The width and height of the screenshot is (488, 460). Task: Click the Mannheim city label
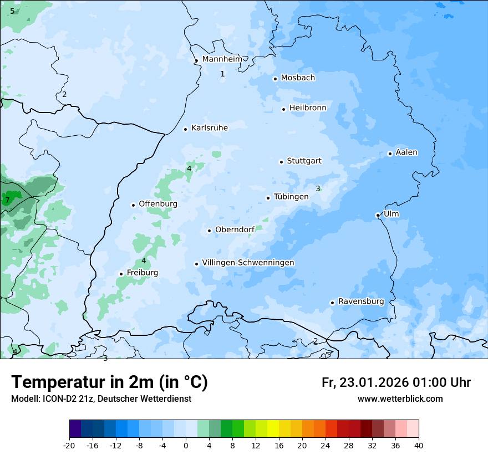[222, 59]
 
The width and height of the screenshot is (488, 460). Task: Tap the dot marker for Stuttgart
[281, 162]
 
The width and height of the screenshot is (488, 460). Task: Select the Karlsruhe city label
[209, 128]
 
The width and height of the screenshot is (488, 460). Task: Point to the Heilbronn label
[308, 108]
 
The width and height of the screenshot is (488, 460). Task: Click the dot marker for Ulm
[378, 215]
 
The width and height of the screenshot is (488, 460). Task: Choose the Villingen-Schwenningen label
[248, 263]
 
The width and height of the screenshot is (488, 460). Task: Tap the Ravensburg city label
[361, 301]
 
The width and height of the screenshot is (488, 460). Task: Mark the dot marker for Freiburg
[121, 274]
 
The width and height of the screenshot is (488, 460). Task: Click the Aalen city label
[406, 152]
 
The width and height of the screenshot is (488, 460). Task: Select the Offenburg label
[158, 204]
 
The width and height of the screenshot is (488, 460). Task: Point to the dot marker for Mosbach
[275, 79]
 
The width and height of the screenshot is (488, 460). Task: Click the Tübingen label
[291, 197]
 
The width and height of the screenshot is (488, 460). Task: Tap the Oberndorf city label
[235, 230]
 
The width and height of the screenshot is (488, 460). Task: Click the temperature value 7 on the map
[7, 200]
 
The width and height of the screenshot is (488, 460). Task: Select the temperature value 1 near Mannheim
[222, 74]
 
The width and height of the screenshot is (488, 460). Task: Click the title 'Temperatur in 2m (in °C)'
[109, 382]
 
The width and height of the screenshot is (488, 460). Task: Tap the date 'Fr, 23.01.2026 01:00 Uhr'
[396, 382]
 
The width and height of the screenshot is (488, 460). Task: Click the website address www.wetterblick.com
[400, 399]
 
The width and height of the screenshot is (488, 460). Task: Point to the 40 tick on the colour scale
[418, 446]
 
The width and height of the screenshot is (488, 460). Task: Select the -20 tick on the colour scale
[69, 446]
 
